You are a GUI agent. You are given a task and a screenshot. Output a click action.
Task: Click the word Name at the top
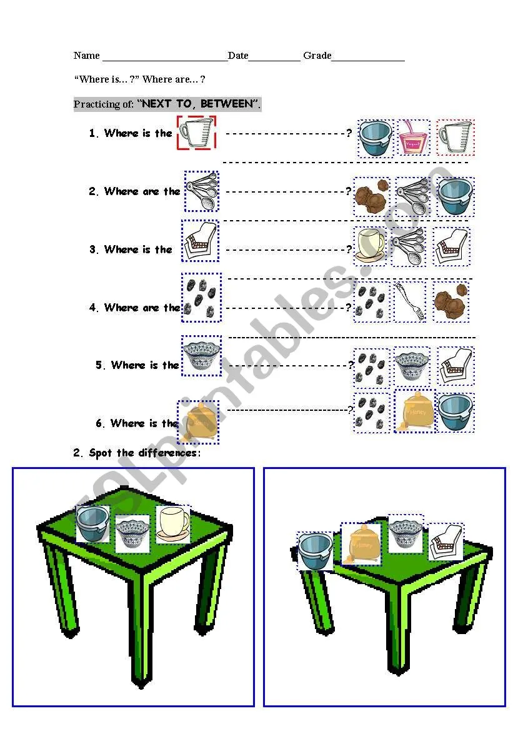[x=87, y=56]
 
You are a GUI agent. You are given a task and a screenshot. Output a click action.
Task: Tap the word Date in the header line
[x=238, y=56]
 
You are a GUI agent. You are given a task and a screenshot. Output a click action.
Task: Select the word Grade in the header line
[x=317, y=56]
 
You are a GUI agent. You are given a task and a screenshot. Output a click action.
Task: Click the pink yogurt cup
[x=413, y=138]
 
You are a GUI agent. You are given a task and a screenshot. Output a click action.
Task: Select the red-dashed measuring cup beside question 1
[x=197, y=133]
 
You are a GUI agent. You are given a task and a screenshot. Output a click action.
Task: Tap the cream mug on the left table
[x=173, y=525]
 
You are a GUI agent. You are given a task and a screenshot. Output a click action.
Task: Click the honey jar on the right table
[x=361, y=543]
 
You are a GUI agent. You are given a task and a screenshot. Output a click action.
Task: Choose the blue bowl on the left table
[x=92, y=524]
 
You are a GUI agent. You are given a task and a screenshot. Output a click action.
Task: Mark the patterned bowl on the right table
[x=406, y=533]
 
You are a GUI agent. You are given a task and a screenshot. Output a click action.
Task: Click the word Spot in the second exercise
[x=101, y=453]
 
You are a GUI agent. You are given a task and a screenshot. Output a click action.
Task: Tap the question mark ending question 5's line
[x=351, y=365]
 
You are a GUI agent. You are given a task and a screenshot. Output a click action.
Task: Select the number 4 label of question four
[x=93, y=308]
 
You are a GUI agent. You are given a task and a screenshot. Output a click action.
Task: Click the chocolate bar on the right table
[x=446, y=542]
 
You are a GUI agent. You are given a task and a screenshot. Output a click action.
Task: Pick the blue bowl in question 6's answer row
[x=456, y=412]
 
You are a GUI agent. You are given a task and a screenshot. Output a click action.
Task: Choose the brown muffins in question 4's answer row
[x=451, y=301]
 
